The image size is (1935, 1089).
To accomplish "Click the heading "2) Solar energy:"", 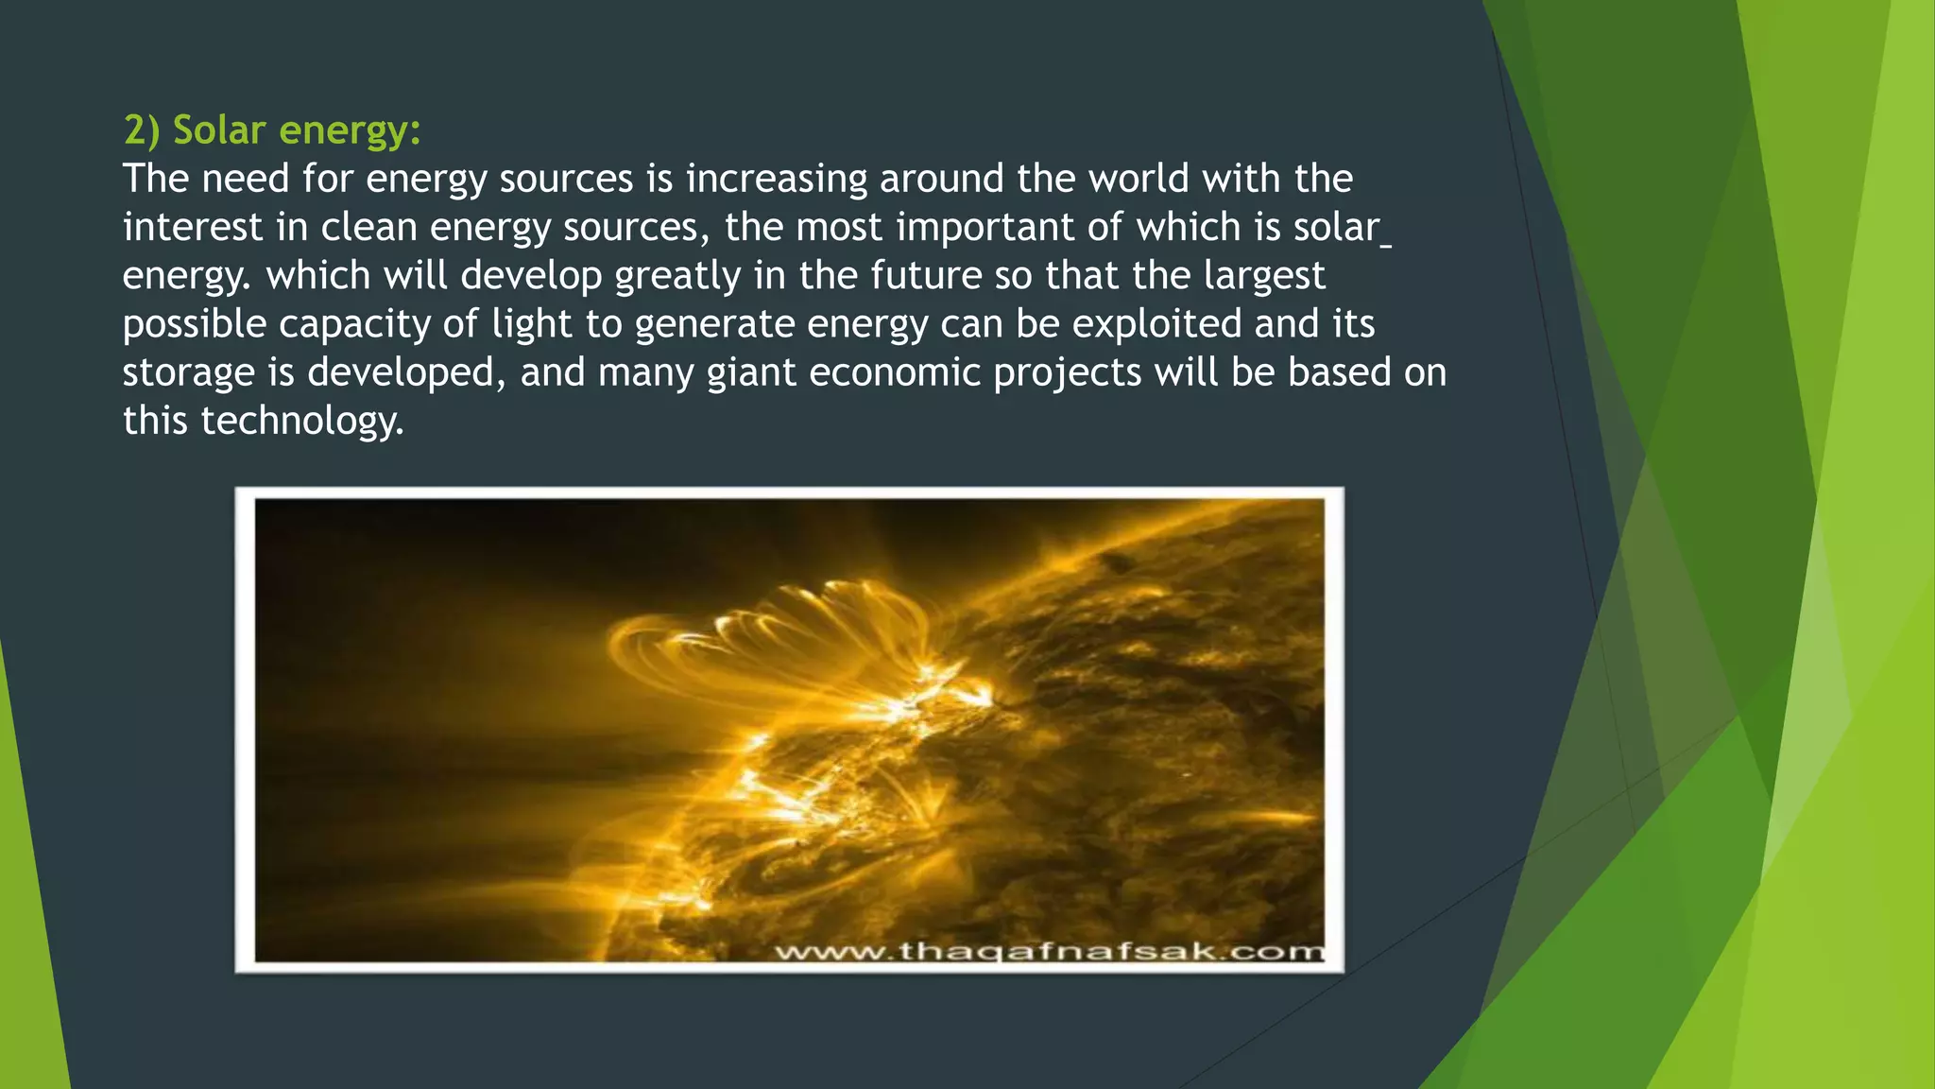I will click(x=272, y=130).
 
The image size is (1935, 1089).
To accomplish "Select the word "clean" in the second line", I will click(x=369, y=228).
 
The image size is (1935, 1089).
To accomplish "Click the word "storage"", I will click(x=188, y=372).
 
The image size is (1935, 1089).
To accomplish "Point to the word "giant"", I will click(x=751, y=372).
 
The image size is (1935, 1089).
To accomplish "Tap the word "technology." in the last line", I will click(x=302, y=421).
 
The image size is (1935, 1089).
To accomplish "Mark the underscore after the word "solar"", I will click(x=1386, y=245).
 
